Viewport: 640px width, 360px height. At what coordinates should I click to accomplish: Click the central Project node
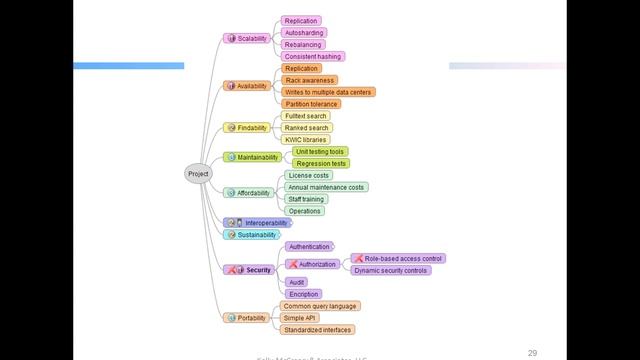click(198, 174)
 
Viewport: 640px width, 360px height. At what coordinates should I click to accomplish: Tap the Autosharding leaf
click(303, 32)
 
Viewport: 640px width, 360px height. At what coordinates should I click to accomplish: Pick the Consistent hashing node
click(312, 56)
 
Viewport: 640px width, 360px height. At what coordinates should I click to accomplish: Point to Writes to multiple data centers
click(328, 92)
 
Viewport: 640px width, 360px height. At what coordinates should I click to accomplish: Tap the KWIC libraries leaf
click(305, 140)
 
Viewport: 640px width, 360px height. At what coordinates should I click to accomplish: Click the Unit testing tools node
click(320, 151)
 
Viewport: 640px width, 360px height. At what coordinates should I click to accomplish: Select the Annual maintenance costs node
click(325, 187)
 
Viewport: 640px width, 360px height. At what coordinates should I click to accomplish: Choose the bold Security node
click(250, 270)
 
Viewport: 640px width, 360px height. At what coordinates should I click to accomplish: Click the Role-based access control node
click(397, 258)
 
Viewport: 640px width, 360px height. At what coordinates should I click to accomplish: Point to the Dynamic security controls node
click(390, 270)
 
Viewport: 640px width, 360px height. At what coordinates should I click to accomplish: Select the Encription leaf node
click(303, 294)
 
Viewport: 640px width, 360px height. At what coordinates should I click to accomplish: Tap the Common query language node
click(320, 306)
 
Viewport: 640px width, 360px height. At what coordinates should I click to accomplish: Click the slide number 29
click(533, 352)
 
